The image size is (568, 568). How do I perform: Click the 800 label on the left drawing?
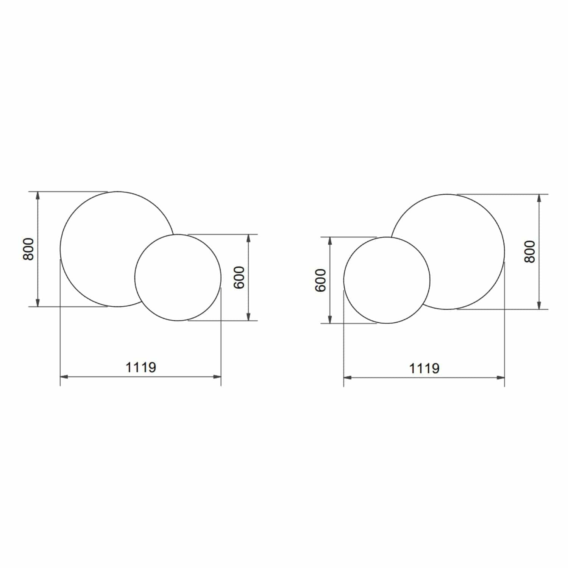point(28,249)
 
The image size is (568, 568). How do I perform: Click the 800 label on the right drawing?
point(530,251)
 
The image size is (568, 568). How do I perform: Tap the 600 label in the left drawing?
point(239,278)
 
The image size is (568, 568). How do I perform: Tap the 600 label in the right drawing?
point(320,280)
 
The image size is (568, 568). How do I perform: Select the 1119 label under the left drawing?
point(140,367)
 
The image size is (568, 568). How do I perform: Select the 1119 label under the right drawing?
point(424,368)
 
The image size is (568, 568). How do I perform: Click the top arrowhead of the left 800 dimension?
point(37,195)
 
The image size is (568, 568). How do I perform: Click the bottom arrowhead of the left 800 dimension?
point(37,303)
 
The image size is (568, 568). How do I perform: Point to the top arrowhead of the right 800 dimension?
point(539,198)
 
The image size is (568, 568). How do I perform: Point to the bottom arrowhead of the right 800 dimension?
point(539,305)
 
